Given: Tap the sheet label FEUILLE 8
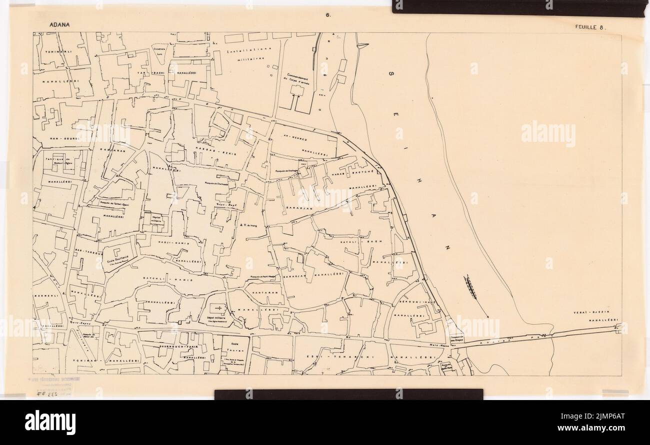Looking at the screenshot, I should point(589,28).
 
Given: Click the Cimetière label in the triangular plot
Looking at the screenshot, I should point(160,52).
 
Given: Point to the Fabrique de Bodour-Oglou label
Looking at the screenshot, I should point(56,160).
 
